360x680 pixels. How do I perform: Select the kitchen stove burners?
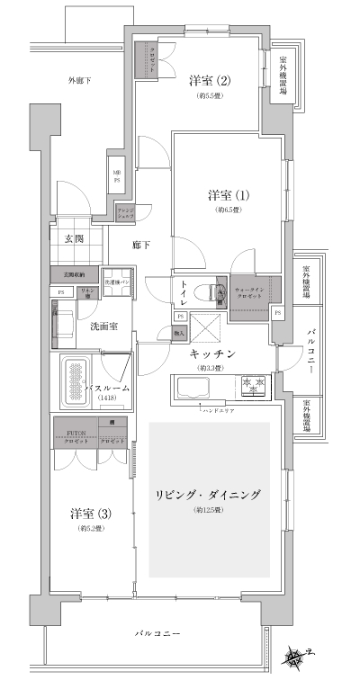[x=255, y=386]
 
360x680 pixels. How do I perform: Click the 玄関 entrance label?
[x=74, y=239]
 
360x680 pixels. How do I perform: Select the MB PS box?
[x=117, y=176]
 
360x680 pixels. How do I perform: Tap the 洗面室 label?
[x=103, y=327]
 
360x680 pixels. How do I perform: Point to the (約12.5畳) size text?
[x=210, y=511]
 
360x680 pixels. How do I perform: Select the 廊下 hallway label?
[x=140, y=244]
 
